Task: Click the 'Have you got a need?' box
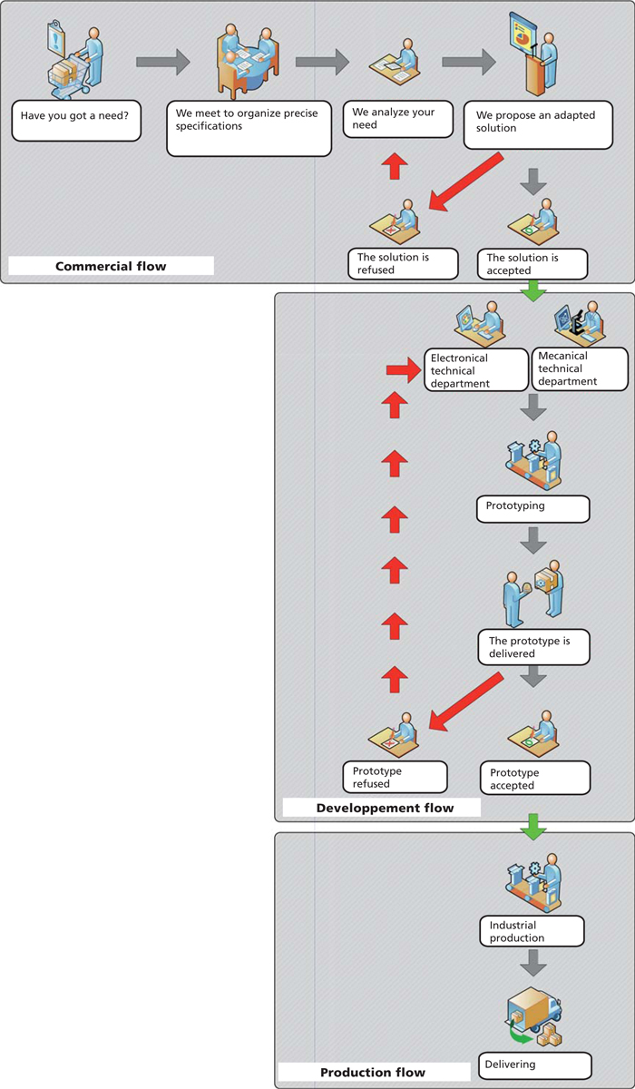coord(76,121)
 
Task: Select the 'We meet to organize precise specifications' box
coord(249,128)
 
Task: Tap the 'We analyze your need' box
coord(398,119)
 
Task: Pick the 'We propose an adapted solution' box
coord(538,125)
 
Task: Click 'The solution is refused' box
coord(403,263)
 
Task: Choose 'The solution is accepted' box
coord(532,264)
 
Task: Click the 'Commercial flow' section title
coord(111,266)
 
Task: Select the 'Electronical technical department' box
coord(475,370)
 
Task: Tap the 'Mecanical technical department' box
coord(580,368)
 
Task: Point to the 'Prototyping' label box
coord(533,509)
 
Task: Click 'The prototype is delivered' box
coord(533,647)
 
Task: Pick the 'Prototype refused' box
coord(395,777)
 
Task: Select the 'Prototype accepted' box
coord(535,778)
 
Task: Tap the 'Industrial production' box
coord(532,931)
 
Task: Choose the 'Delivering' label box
coord(535,1065)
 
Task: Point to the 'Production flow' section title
coord(374,1072)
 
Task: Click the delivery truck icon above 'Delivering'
coord(534,1015)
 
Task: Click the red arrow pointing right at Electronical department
coord(404,370)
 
